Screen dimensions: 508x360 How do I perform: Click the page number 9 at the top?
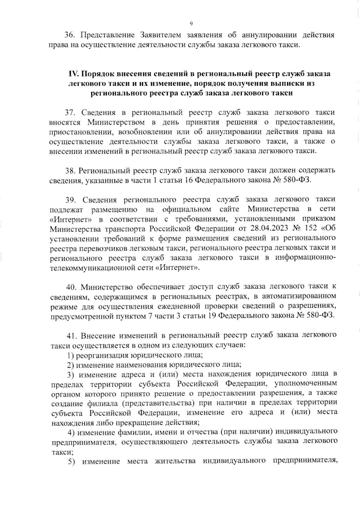(191, 24)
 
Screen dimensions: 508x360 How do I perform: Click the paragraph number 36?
(69, 35)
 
